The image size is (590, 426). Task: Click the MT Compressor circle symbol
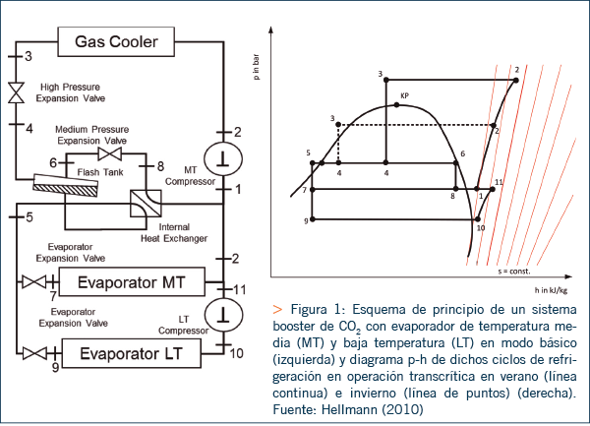[224, 157]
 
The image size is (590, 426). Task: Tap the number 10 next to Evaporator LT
[237, 350]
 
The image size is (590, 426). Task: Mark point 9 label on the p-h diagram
[306, 222]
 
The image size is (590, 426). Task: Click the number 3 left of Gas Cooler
[28, 55]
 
